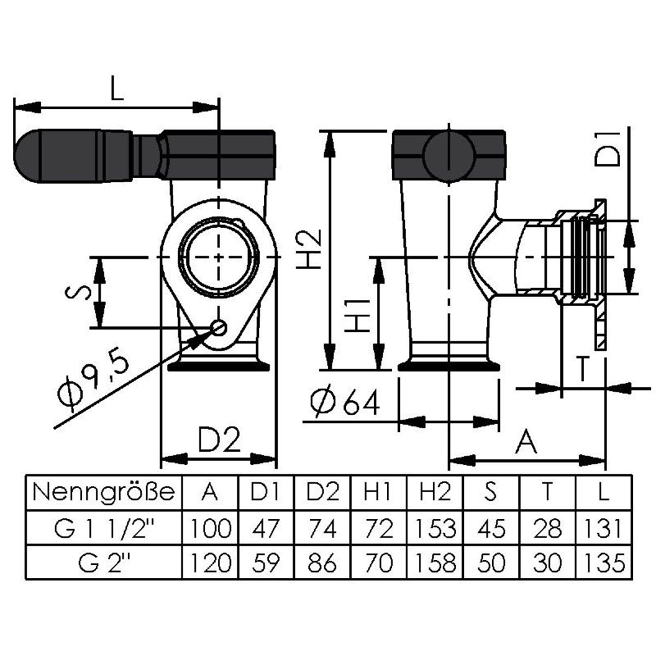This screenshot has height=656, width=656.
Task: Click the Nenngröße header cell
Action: [x=103, y=493]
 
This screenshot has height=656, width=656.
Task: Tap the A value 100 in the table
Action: [x=210, y=527]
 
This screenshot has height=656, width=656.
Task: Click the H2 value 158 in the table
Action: [x=434, y=563]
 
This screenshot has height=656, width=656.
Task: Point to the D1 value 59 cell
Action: [x=266, y=563]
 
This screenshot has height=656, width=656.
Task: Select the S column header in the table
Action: [x=490, y=493]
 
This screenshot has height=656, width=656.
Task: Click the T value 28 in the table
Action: [x=546, y=527]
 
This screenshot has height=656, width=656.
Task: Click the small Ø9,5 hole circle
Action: [x=219, y=327]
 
